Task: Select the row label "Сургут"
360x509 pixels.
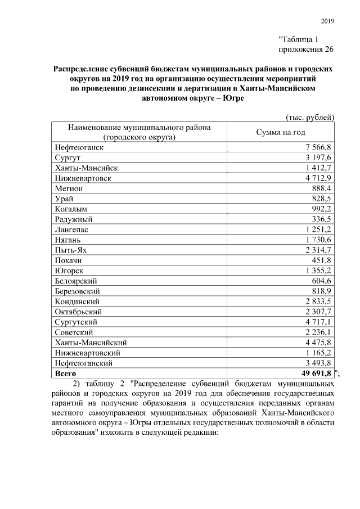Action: coord(68,157)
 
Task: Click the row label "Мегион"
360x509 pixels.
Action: coord(69,188)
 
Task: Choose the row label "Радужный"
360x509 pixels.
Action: coord(74,219)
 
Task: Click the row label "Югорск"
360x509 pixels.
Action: coord(70,271)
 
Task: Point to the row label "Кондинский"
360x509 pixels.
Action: coord(77,301)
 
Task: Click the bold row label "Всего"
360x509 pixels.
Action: coord(66,373)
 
